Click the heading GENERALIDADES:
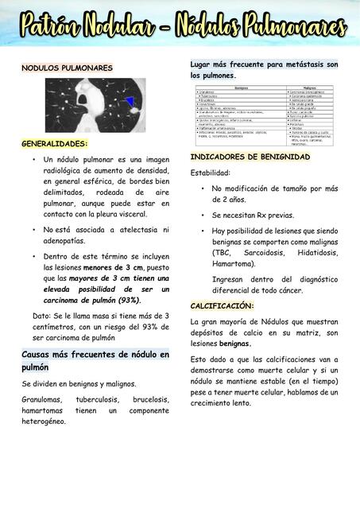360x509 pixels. tap(55, 144)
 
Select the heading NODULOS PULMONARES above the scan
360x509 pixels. tap(67, 68)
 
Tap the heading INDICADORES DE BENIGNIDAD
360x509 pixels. tap(250, 157)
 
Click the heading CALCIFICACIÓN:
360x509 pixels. tap(223, 305)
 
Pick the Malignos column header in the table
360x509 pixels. tap(311, 87)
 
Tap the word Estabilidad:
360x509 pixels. tap(211, 173)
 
